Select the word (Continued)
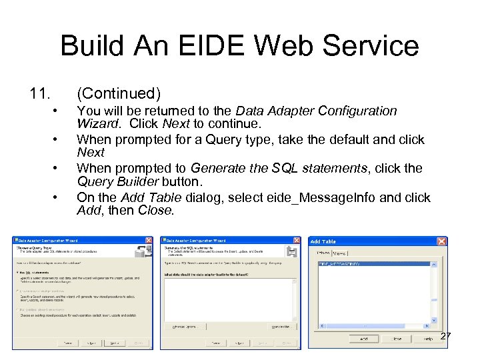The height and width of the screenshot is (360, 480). (x=119, y=93)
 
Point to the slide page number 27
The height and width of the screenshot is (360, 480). (x=446, y=336)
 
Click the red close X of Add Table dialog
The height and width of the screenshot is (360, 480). (x=441, y=241)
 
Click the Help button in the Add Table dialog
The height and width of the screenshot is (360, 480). (x=427, y=339)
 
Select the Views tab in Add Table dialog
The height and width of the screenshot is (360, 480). (x=340, y=253)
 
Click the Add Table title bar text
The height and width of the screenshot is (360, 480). (x=323, y=241)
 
